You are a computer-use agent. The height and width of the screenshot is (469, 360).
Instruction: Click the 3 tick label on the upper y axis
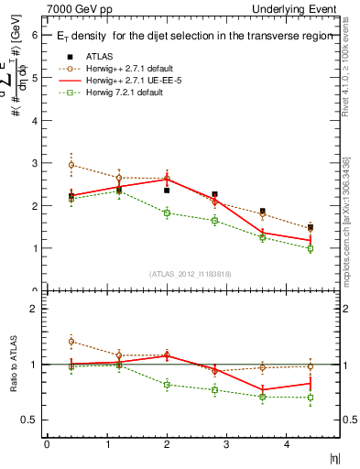(x=34, y=163)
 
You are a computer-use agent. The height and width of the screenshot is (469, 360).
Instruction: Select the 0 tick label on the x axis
(x=47, y=445)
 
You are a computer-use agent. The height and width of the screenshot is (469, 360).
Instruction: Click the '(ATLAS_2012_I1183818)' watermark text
(x=190, y=273)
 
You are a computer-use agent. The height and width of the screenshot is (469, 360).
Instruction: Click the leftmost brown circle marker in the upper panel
(x=71, y=165)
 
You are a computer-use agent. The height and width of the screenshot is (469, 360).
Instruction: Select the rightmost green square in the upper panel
(x=311, y=248)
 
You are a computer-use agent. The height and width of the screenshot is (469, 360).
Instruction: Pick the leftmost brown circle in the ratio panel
(x=71, y=342)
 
